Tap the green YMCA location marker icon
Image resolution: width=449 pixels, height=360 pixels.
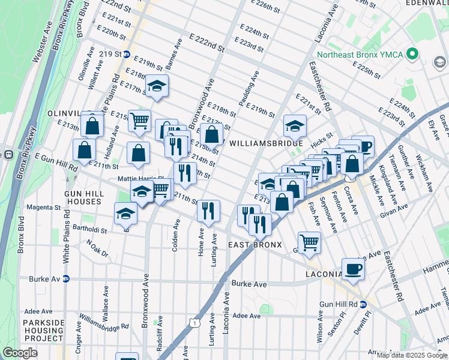412,55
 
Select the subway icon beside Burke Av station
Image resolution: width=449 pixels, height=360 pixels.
67,279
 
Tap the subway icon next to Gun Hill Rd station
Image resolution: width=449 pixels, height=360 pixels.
363,305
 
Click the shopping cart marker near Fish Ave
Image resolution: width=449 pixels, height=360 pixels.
310,242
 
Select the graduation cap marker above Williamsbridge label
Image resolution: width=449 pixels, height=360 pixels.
295,125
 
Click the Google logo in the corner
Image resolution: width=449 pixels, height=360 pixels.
20,353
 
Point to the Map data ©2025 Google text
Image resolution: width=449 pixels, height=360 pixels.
412,355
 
